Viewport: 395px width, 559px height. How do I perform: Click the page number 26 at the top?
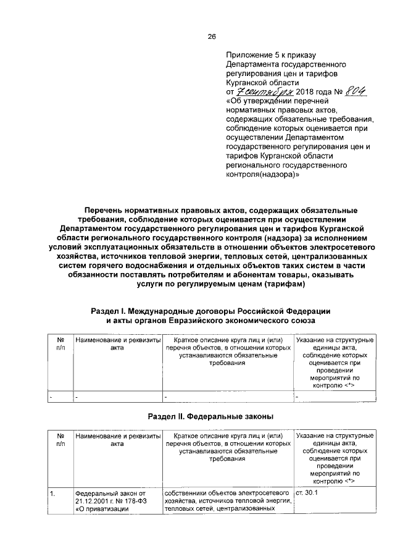coord(211,36)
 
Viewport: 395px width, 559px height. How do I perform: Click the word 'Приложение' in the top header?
coord(247,55)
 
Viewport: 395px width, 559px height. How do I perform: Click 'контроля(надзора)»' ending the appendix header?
coord(263,175)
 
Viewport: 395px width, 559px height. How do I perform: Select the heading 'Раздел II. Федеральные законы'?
coord(212,416)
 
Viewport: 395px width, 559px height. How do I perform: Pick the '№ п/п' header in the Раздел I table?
coord(60,344)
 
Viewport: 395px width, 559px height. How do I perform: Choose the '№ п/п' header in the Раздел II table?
coord(60,440)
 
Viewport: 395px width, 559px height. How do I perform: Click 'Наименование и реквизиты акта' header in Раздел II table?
coord(117,440)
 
